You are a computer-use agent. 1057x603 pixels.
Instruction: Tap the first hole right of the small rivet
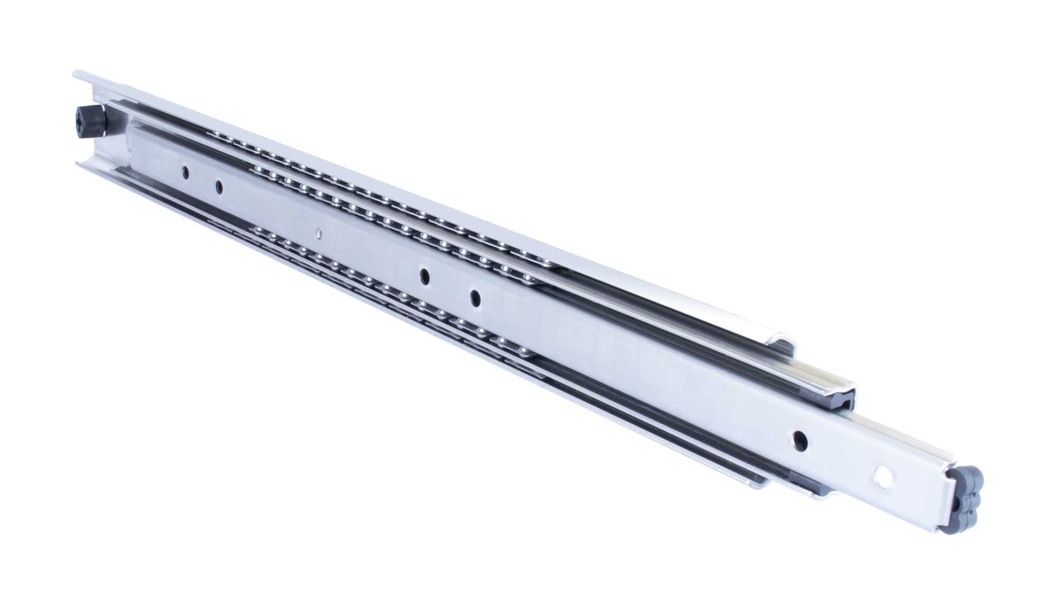click(x=424, y=275)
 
